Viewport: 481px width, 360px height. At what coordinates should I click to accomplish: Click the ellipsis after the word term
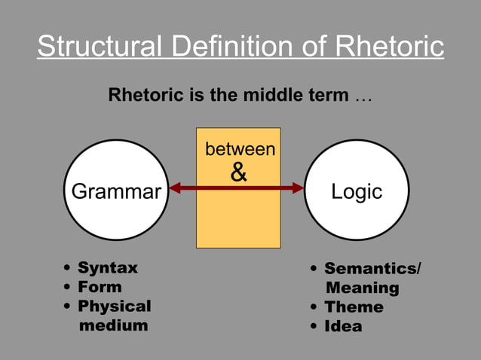coord(363,97)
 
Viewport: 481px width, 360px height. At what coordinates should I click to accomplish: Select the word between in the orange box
coord(240,150)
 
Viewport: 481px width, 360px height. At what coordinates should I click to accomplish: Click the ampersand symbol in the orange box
coord(238,173)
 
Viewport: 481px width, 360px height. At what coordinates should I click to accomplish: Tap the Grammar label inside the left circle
coord(115,191)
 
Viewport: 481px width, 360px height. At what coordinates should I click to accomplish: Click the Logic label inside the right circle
coord(357,191)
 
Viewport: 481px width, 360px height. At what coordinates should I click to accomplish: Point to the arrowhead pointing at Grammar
coord(175,188)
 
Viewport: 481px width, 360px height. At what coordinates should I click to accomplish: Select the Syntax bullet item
coord(108,268)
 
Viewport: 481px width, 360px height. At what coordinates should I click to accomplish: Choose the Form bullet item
coord(100,287)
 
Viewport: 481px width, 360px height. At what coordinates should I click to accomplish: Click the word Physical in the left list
coord(115,307)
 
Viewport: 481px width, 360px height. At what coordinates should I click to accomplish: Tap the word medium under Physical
coord(114,325)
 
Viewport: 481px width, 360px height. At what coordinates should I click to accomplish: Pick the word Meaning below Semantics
coord(363,288)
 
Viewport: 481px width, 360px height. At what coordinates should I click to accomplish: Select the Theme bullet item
coord(354,307)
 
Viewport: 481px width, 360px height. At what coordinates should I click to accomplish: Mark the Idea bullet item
coord(343,326)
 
